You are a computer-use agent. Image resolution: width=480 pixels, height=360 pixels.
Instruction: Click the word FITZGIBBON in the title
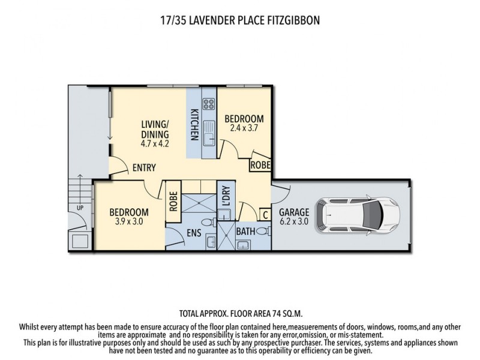(x=289, y=20)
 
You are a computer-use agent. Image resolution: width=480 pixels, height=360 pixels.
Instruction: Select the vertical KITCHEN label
(x=194, y=124)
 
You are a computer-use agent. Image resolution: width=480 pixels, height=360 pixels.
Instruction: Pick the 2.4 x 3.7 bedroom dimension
(x=243, y=128)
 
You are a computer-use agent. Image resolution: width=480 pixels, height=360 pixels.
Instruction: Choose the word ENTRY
(x=145, y=167)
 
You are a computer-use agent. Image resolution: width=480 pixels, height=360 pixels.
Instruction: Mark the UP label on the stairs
(x=80, y=208)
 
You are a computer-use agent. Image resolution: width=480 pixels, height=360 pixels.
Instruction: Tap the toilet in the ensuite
(x=205, y=223)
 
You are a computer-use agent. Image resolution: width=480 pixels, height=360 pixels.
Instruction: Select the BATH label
(x=245, y=230)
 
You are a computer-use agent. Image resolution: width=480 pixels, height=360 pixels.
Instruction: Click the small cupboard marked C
(x=265, y=214)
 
